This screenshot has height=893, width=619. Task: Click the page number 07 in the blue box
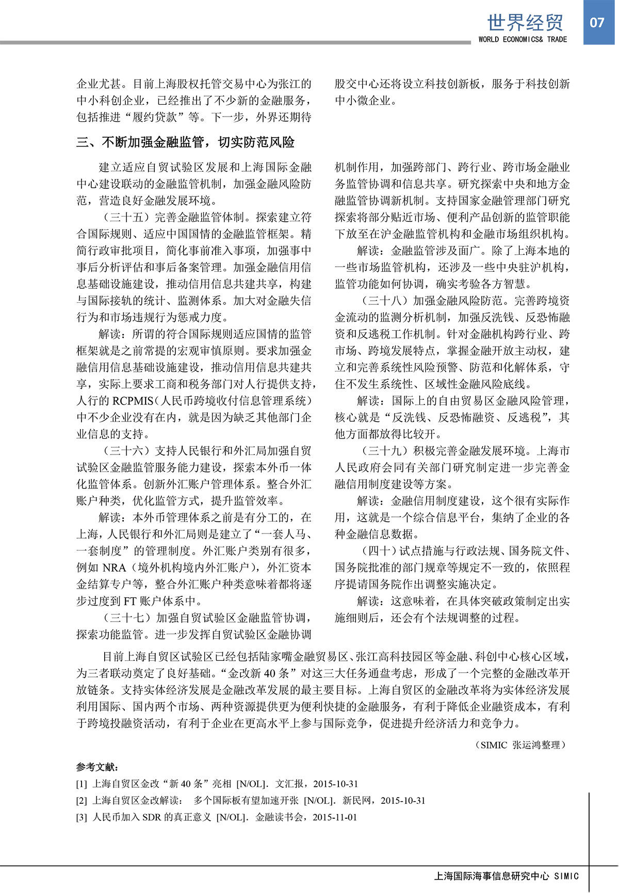click(x=597, y=22)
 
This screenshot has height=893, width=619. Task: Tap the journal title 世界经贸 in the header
click(x=525, y=23)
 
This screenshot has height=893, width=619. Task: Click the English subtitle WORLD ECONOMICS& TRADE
click(x=522, y=39)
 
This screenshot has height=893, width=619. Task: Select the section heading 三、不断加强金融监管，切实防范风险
click(x=186, y=142)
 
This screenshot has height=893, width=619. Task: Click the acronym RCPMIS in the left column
click(x=133, y=401)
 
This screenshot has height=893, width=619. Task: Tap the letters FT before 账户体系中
click(x=129, y=601)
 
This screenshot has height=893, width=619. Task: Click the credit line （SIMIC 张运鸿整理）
click(x=520, y=744)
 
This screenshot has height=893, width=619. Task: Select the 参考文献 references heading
click(x=97, y=767)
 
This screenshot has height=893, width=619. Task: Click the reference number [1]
click(x=82, y=784)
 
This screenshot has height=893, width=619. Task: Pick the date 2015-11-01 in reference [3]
click(x=335, y=817)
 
